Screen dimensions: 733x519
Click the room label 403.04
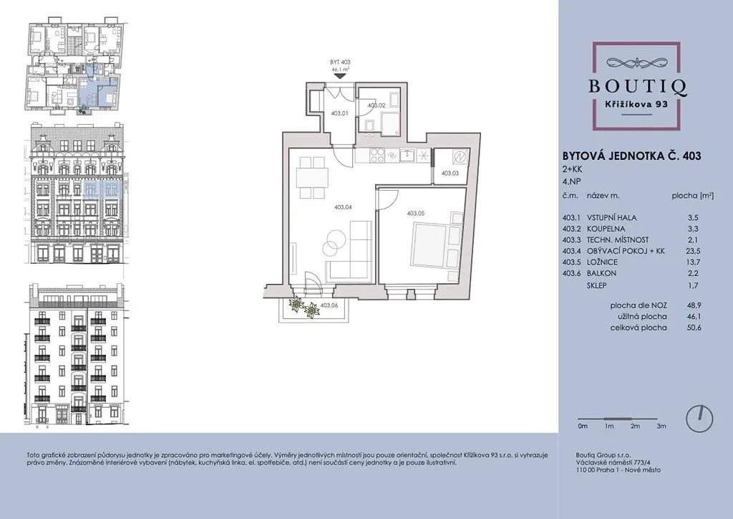pyautogui.click(x=343, y=207)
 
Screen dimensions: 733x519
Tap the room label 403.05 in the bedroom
pyautogui.click(x=416, y=214)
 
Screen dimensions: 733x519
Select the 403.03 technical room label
pyautogui.click(x=450, y=173)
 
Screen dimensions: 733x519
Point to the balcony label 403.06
pyautogui.click(x=329, y=305)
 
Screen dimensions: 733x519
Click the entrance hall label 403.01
pyautogui.click(x=339, y=113)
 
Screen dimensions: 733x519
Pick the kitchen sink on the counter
pyautogui.click(x=407, y=155)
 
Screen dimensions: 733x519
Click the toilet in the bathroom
pyautogui.click(x=369, y=126)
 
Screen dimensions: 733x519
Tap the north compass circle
pyautogui.click(x=699, y=419)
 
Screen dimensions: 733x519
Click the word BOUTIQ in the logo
pyautogui.click(x=637, y=87)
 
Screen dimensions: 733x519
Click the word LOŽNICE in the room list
pyautogui.click(x=602, y=262)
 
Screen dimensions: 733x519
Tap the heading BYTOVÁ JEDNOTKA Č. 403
pyautogui.click(x=631, y=156)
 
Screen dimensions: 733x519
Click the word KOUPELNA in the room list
pyautogui.click(x=606, y=229)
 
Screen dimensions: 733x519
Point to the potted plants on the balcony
pyautogui.click(x=303, y=307)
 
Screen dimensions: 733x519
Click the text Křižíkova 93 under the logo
pyautogui.click(x=637, y=105)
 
